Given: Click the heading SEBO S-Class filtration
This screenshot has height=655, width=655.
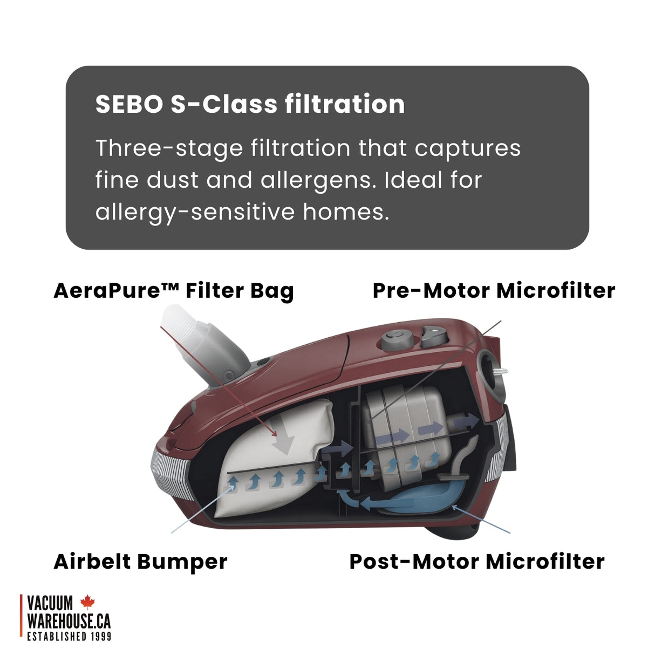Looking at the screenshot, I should pos(250,104).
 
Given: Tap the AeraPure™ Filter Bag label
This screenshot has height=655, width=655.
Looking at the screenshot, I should pos(173,291).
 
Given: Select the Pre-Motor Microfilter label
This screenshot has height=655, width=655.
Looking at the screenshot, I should pos(494,291).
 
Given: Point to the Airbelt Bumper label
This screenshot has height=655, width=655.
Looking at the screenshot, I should pos(140,562).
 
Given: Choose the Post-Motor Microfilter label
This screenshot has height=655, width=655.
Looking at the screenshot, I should pos(477,562).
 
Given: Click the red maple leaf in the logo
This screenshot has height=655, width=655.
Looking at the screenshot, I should pos(87,602).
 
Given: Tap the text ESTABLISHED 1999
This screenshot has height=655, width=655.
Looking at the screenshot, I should pos(69,637).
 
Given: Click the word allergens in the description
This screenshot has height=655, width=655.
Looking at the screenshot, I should pos(318,180).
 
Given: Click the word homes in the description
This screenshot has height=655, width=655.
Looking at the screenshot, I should pos(345,212).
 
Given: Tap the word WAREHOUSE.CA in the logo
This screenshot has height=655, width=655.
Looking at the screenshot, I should pos(69,620).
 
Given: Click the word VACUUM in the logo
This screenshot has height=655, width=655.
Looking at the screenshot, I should pos(50,603).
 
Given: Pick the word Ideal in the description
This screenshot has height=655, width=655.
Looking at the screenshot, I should pos(415,180).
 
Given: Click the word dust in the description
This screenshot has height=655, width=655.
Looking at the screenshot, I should pos(173,180).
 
